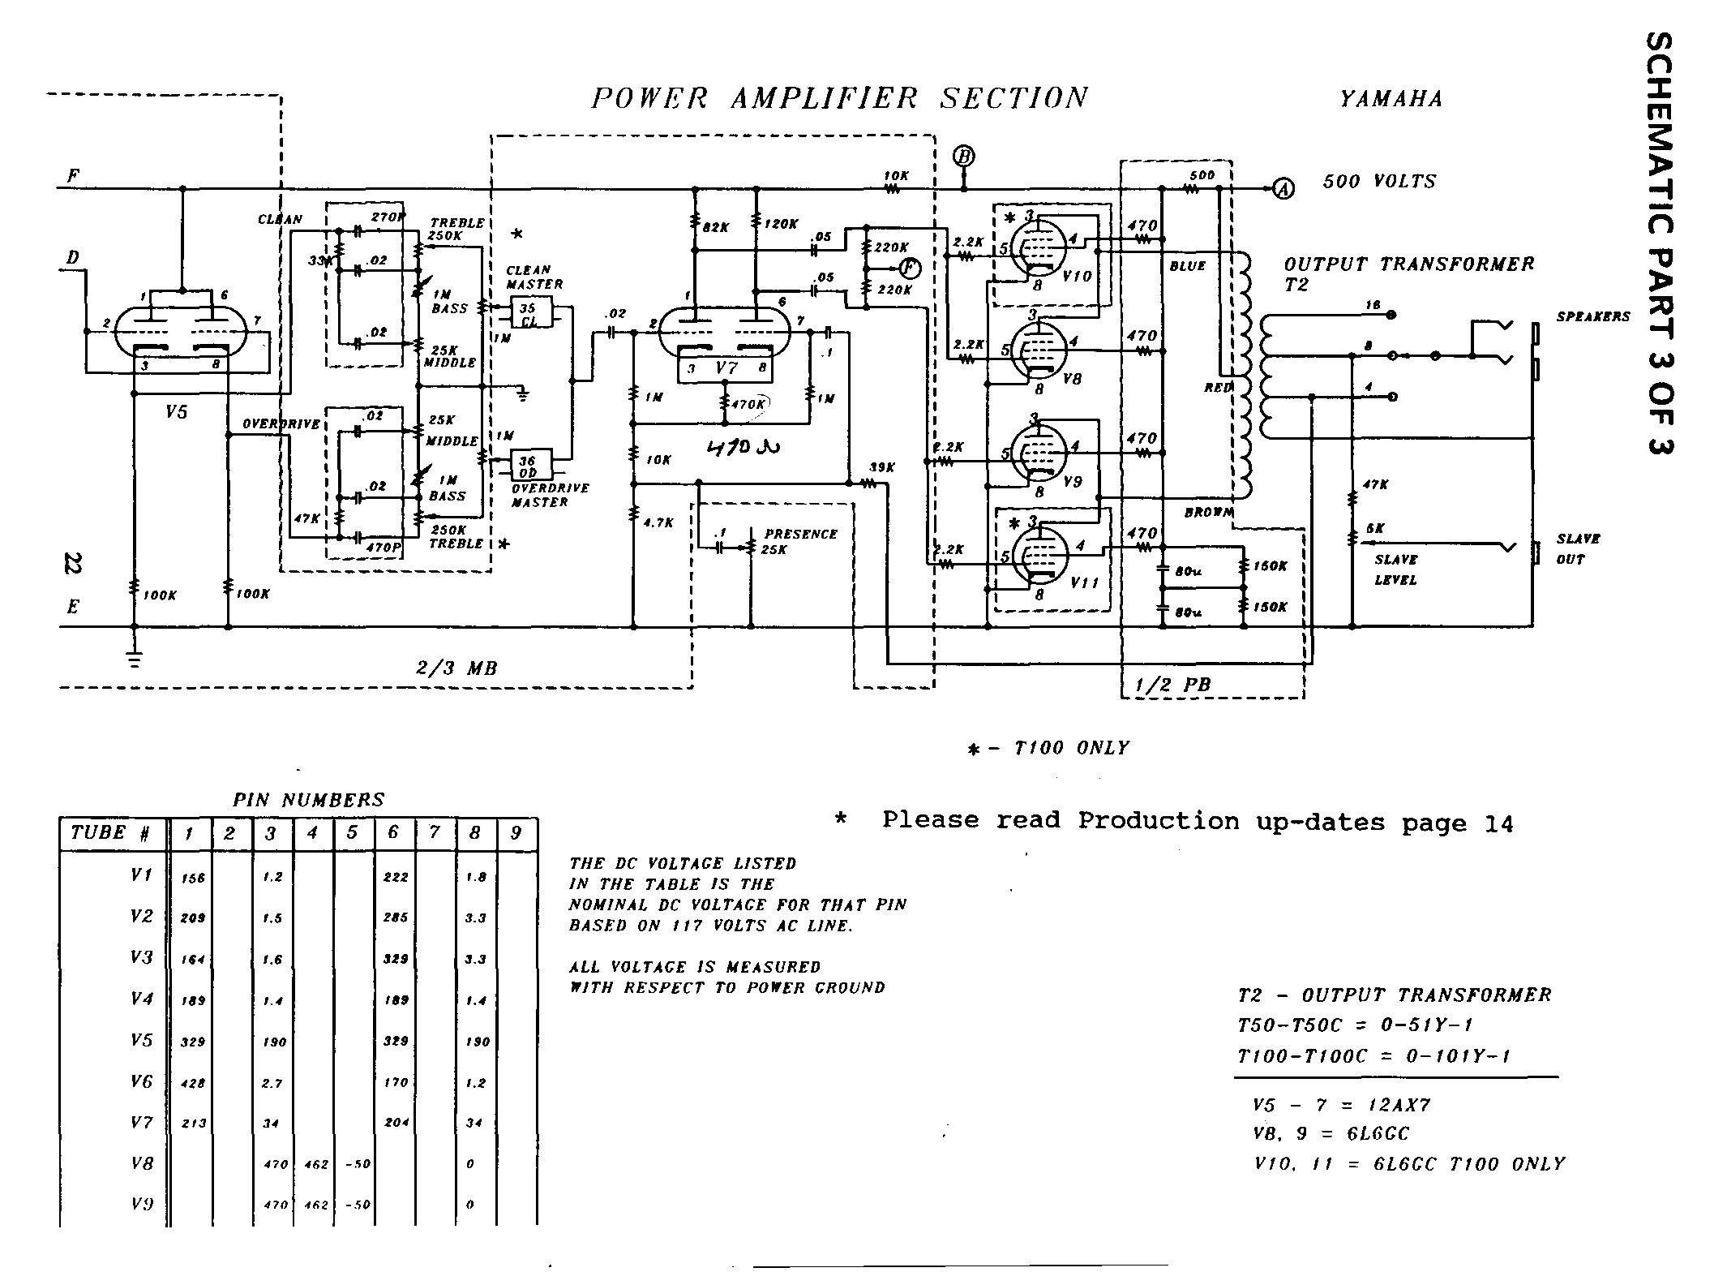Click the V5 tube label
click(176, 412)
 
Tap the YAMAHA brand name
click(1391, 100)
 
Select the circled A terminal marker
click(1282, 188)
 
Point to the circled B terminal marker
click(963, 157)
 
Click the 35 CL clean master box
click(529, 313)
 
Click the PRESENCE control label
click(801, 534)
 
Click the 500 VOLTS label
click(1379, 182)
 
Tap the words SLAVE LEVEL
click(1395, 569)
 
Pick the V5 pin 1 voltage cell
click(193, 1042)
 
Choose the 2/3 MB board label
click(456, 668)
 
